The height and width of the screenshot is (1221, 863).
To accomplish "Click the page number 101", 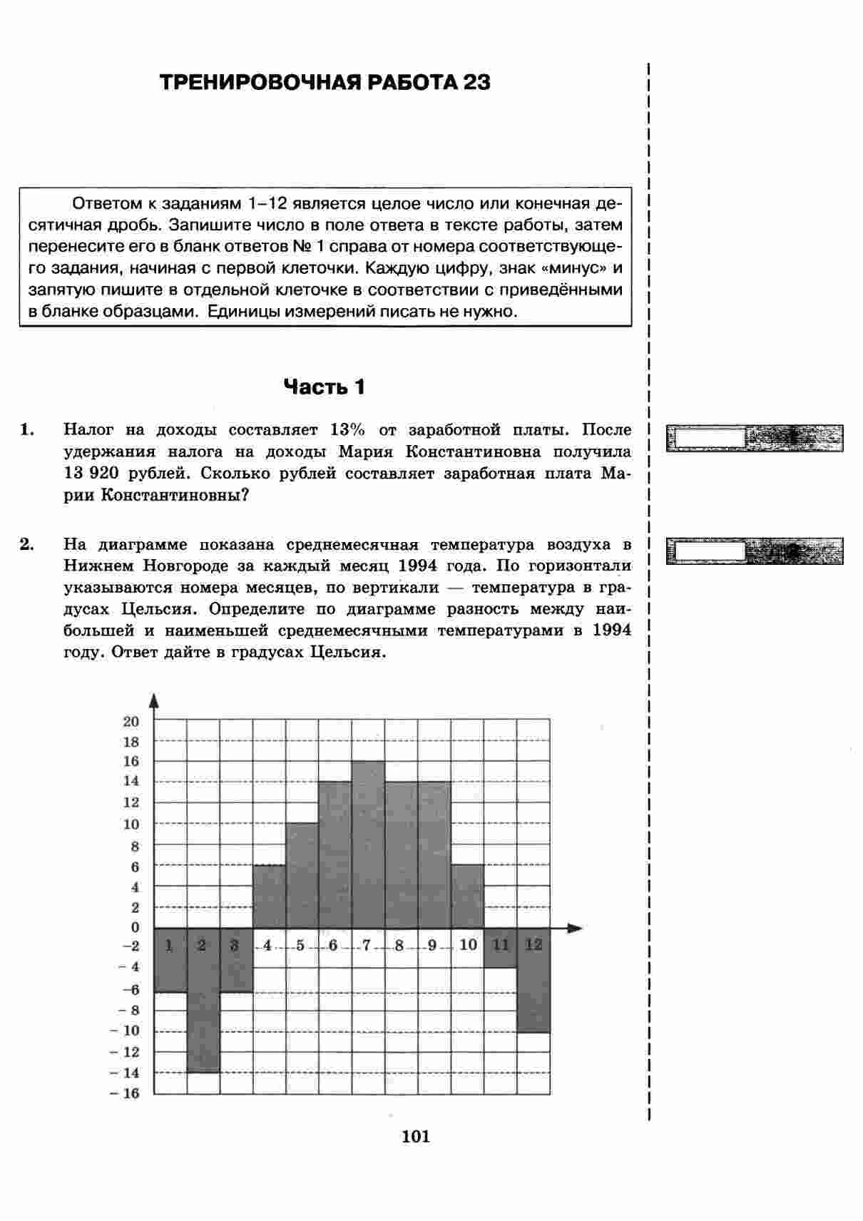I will (x=416, y=1137).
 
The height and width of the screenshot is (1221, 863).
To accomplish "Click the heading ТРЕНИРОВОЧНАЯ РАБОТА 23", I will (x=325, y=83).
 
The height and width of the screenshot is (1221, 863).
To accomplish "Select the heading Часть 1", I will (x=325, y=387).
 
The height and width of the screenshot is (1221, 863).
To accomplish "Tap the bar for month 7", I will (x=368, y=844).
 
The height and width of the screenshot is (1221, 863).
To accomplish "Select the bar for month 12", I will (x=533, y=980).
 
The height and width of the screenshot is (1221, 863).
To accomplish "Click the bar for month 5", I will (x=302, y=875).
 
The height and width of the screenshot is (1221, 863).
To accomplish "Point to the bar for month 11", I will (x=500, y=948).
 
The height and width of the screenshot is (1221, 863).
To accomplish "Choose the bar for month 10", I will (x=467, y=896).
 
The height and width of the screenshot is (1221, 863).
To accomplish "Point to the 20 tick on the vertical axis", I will (x=131, y=721).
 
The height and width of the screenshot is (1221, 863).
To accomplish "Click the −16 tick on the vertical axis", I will (x=126, y=1093).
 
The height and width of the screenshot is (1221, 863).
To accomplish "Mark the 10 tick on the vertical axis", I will (x=131, y=824).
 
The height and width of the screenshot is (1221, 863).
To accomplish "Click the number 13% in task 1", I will (x=348, y=430).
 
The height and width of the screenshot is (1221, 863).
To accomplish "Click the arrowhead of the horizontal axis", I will (x=575, y=928).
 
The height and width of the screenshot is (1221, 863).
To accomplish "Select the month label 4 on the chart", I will (x=267, y=946).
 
